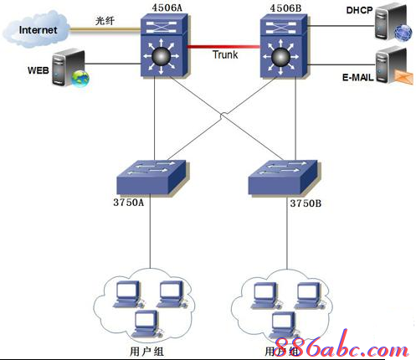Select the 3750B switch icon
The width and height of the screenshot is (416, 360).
(x=284, y=172)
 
